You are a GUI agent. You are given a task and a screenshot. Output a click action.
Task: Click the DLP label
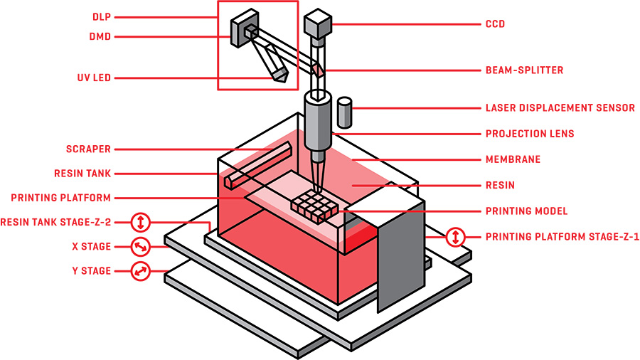click(102, 16)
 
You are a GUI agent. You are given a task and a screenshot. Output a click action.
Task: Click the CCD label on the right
click(495, 23)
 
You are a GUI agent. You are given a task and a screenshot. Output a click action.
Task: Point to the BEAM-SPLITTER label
click(524, 70)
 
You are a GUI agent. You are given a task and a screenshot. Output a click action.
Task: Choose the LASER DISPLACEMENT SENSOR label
click(560, 108)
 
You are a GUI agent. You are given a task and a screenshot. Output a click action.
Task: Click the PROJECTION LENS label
click(530, 134)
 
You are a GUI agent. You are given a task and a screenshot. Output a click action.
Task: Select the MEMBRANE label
click(513, 159)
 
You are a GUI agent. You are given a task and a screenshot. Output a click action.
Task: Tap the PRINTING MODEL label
click(527, 211)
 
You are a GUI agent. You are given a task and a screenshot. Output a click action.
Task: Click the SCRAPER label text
click(87, 149)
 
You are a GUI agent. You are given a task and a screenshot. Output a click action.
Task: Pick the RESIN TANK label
click(82, 173)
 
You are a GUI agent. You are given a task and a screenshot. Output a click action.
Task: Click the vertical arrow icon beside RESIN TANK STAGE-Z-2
click(141, 222)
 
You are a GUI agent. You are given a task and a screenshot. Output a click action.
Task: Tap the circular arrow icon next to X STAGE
click(141, 247)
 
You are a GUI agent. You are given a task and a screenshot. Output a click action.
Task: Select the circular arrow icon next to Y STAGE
click(141, 271)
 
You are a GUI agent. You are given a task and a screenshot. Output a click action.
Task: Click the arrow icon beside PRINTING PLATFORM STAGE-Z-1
click(455, 237)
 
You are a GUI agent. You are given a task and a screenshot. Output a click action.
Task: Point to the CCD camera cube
click(316, 25)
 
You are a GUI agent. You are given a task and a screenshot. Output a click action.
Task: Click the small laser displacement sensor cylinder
click(344, 112)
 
